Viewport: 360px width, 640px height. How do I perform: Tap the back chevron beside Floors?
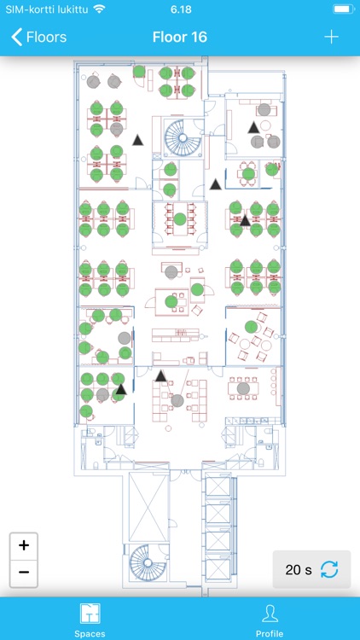click(x=16, y=38)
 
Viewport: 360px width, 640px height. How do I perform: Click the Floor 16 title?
click(x=180, y=38)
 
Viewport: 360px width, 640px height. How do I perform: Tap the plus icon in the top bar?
click(x=332, y=38)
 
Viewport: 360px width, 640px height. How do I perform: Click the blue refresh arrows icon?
click(x=329, y=569)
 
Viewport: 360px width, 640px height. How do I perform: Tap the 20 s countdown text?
click(x=299, y=570)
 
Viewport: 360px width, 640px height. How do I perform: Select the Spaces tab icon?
click(x=90, y=614)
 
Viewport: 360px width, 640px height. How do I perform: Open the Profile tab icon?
click(x=270, y=614)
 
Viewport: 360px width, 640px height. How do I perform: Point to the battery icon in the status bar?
click(x=344, y=9)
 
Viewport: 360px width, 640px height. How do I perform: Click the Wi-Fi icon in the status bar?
click(x=99, y=9)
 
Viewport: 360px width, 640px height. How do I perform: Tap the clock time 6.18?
click(x=180, y=9)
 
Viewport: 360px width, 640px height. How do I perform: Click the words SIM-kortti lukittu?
click(x=47, y=9)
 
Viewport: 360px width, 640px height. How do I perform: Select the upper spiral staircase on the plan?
click(x=183, y=138)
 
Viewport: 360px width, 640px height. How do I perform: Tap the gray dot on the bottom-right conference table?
click(x=243, y=387)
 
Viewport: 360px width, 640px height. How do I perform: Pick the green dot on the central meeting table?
click(x=180, y=218)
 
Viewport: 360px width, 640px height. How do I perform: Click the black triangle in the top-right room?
click(x=253, y=128)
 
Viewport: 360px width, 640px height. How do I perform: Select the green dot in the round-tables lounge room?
click(x=251, y=327)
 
